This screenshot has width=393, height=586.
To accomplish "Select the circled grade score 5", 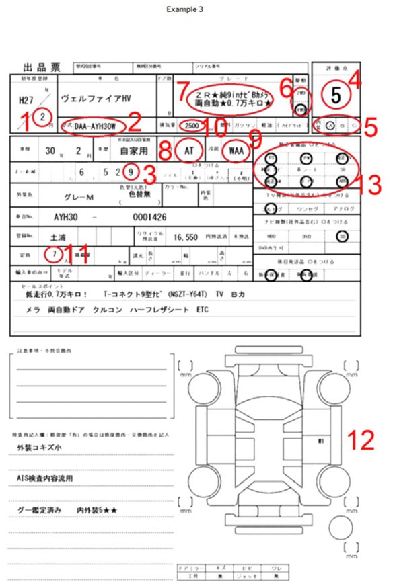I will [x=336, y=95].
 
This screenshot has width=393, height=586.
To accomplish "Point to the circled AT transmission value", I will [x=188, y=151].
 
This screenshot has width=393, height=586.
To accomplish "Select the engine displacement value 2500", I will [x=192, y=126].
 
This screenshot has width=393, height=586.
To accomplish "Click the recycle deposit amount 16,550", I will [x=186, y=237].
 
